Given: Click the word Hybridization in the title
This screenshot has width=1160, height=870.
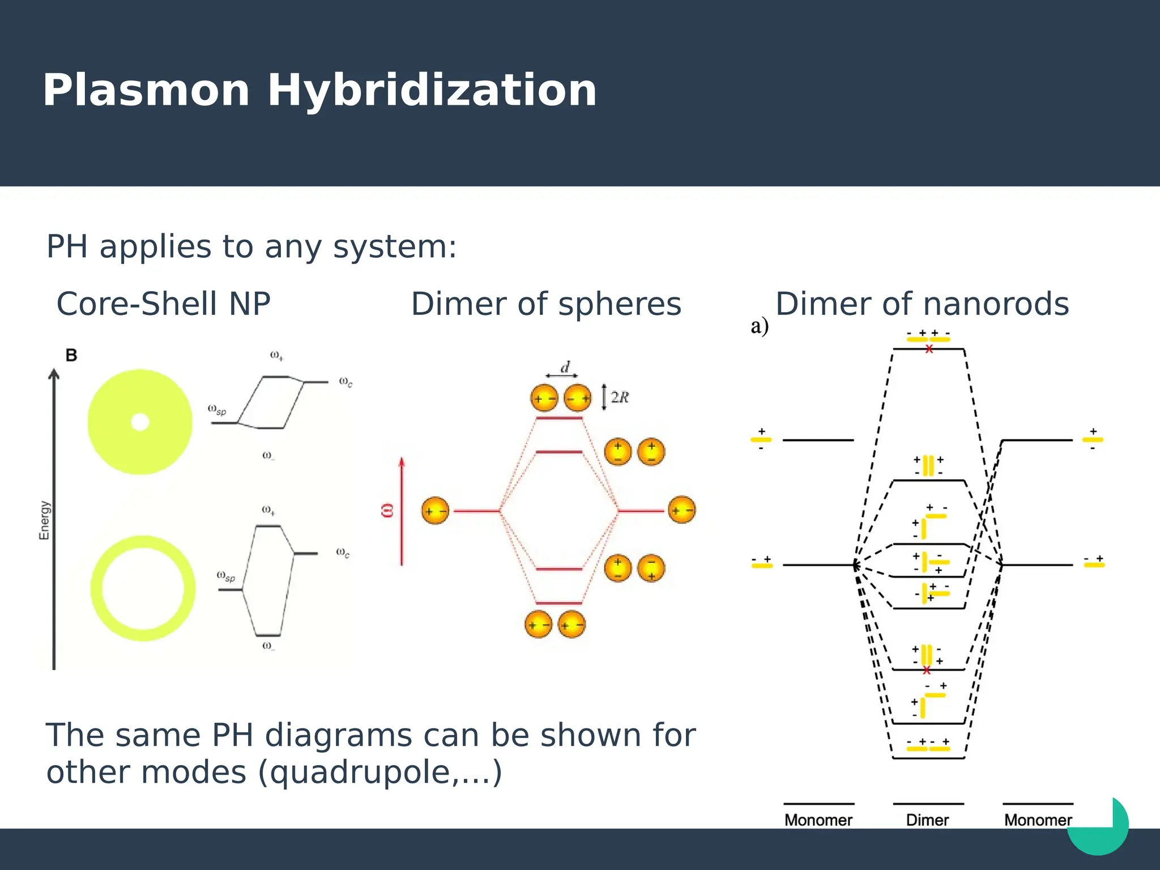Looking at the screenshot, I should [x=432, y=91].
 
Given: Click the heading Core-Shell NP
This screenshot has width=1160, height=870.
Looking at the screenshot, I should [x=163, y=304].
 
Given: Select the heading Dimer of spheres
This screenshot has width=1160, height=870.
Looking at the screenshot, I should [x=546, y=304].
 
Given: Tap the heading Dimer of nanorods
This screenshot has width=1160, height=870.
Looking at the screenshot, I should [x=922, y=304].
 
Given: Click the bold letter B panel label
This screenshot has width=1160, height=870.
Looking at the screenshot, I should [x=71, y=356].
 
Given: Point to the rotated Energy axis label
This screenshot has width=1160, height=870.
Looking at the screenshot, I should [x=44, y=520].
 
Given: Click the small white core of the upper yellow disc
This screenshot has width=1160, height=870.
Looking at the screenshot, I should [x=140, y=422].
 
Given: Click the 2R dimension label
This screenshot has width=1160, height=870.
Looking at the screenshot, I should [x=620, y=397].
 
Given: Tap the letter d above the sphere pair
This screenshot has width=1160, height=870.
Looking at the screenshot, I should [x=565, y=368].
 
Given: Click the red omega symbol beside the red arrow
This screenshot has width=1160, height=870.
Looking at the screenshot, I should [x=387, y=510].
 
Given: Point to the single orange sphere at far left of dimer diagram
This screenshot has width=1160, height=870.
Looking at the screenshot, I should [x=435, y=511].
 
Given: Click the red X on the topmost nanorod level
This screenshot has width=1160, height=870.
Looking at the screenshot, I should [x=929, y=349].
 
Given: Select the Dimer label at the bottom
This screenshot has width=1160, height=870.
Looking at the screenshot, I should [x=927, y=820].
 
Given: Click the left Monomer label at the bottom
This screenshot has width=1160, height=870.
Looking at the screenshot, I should [x=818, y=820].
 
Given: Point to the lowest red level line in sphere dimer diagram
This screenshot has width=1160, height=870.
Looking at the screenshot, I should [x=559, y=603].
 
